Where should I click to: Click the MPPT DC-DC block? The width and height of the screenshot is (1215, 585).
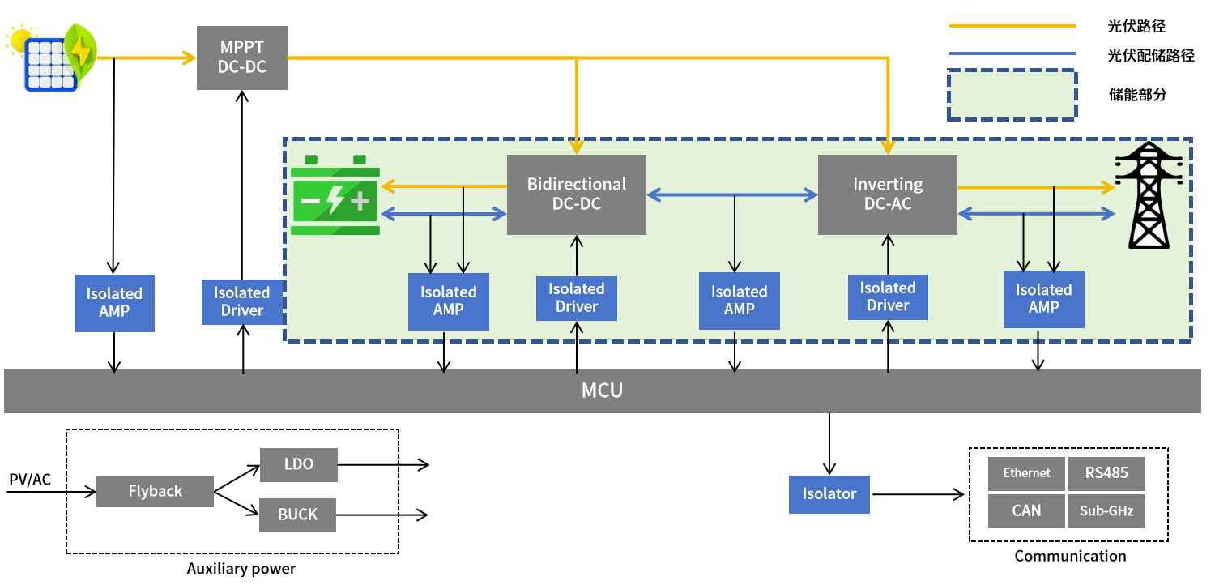click(242, 58)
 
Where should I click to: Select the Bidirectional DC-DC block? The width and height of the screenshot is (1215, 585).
click(577, 194)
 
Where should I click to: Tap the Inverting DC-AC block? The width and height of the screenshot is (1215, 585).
click(888, 194)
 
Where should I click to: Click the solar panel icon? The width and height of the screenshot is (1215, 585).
click(52, 58)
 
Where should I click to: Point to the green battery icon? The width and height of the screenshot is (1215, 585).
click(335, 194)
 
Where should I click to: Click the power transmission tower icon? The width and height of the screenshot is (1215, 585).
click(1149, 194)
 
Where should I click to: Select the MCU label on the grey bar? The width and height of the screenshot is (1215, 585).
click(602, 391)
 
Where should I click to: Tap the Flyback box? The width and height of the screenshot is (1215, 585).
click(156, 492)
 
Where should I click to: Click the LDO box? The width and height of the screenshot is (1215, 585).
click(299, 464)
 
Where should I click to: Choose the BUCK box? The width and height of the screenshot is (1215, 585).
click(298, 515)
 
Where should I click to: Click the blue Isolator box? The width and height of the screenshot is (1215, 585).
click(829, 494)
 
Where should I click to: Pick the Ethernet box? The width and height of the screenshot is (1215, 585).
click(1026, 473)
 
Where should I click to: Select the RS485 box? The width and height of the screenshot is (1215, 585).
click(1106, 473)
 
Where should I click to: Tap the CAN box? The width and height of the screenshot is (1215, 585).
click(1026, 510)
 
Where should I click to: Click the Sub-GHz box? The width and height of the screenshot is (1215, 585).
click(1106, 510)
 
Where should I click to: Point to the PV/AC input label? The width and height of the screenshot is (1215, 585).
click(30, 480)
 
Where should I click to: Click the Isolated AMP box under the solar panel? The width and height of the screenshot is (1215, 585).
click(114, 303)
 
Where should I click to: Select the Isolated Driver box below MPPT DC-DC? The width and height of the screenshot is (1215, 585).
click(242, 301)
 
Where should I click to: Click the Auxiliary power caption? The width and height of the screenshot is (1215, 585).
click(241, 569)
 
